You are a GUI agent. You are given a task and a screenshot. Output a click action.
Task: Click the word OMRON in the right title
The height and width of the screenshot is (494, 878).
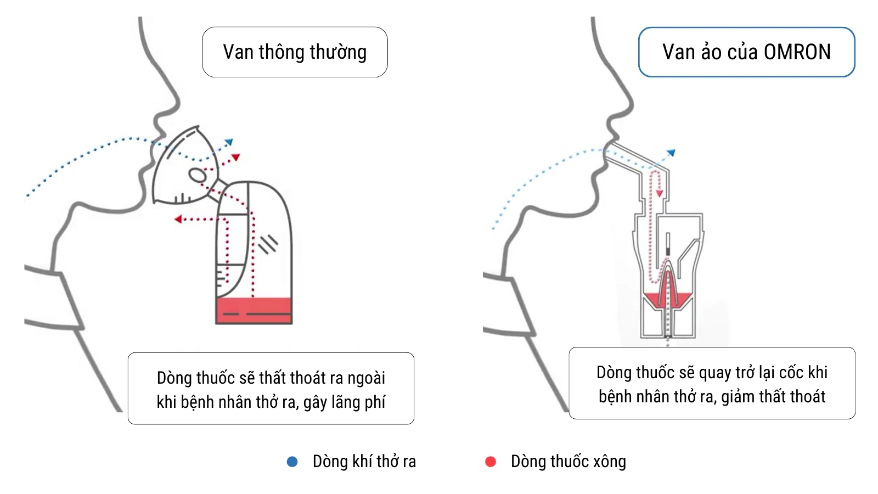[797, 52]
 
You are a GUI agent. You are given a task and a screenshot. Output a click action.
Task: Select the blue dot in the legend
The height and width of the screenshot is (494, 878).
[292, 462]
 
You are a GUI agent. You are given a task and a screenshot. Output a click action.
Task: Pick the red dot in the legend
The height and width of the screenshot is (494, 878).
[491, 462]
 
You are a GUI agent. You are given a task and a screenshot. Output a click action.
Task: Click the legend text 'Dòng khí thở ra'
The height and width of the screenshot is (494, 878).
[364, 462]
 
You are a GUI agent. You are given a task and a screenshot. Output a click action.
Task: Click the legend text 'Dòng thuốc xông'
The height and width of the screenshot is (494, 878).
[569, 462]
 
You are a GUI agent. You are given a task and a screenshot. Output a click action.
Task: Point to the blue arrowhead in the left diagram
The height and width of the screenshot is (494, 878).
[228, 142]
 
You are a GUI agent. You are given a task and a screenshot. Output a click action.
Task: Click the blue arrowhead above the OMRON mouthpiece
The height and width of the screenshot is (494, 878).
[672, 153]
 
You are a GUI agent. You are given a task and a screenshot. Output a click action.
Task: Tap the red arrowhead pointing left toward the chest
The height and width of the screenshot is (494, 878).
[178, 219]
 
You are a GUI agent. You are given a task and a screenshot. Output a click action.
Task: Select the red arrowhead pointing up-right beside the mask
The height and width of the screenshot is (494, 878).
[235, 157]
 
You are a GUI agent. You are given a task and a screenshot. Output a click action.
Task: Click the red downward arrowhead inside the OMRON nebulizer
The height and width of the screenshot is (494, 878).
[659, 193]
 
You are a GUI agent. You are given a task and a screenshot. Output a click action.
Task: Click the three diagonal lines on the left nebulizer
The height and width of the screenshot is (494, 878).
[268, 244]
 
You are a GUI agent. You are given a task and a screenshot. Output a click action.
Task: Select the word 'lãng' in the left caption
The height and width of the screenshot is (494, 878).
[340, 403]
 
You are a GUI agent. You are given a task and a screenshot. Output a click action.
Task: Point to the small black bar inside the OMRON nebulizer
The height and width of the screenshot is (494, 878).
[668, 251]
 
